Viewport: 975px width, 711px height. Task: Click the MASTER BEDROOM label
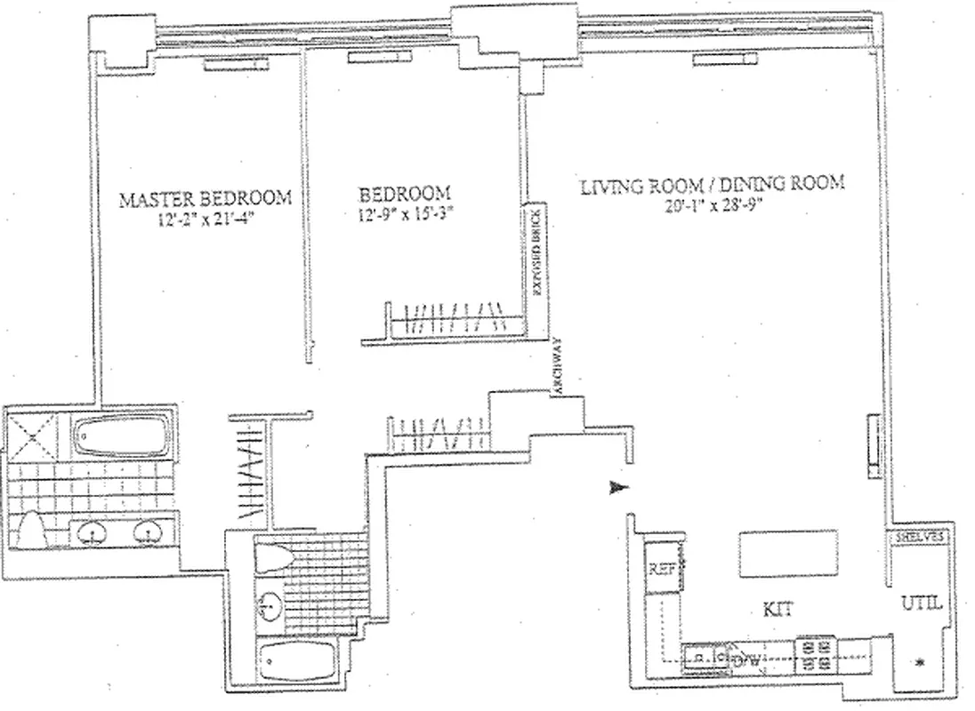coord(205,198)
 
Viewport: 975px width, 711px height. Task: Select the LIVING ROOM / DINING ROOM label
coord(712,186)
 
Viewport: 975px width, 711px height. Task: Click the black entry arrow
coord(619,487)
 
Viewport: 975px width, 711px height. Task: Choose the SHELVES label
coord(920,538)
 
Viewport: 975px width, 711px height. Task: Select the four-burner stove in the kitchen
coord(815,656)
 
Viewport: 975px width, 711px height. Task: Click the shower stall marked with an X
coord(35,437)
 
